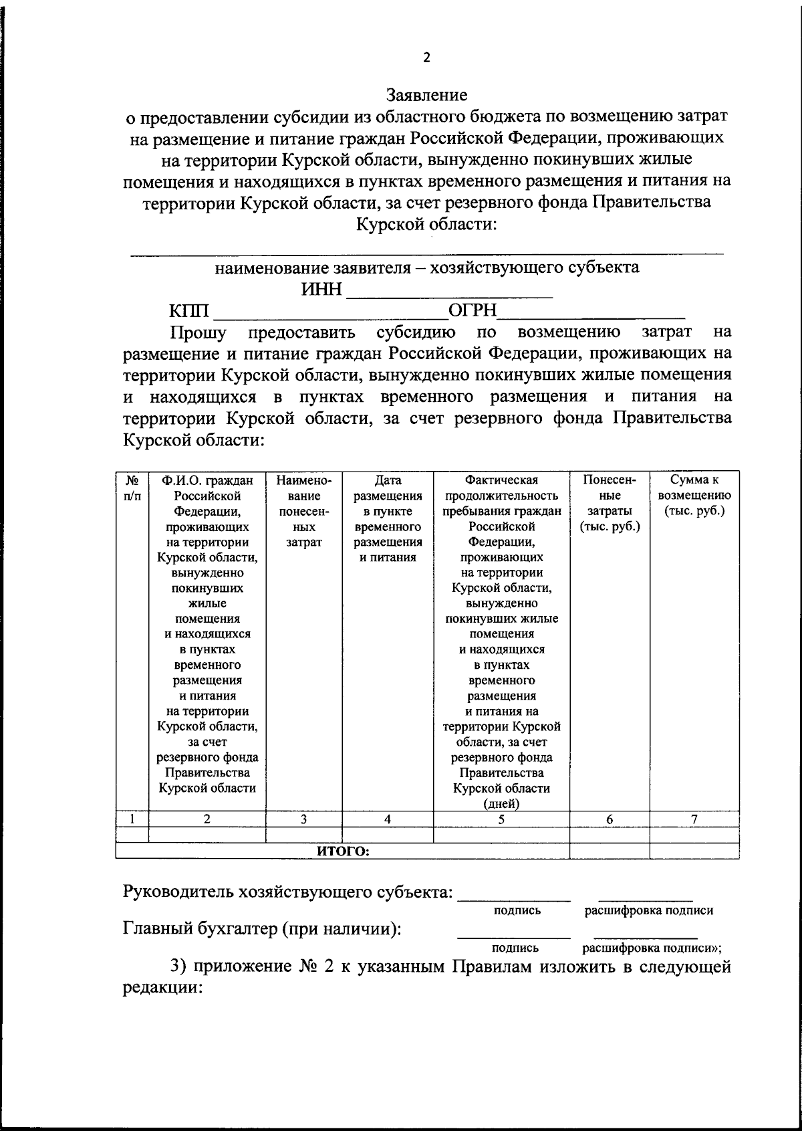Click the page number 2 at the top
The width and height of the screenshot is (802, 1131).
coord(427,58)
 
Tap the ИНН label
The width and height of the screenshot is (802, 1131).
coord(321,290)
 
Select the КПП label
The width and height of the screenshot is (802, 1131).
coord(189,311)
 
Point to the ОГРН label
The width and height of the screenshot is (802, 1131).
coord(473,310)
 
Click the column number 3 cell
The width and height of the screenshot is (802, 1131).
coord(303,818)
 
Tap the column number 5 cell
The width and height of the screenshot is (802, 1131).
coord(501,818)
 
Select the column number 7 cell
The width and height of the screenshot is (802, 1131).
coord(694,818)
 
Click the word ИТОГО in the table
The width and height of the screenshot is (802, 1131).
coord(343,851)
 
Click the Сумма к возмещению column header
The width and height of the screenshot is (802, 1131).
coord(694,496)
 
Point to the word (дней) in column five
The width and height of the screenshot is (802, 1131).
coord(501,803)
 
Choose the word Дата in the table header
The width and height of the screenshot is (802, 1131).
coord(388,480)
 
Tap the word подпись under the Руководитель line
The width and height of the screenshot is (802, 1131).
coord(517,910)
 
